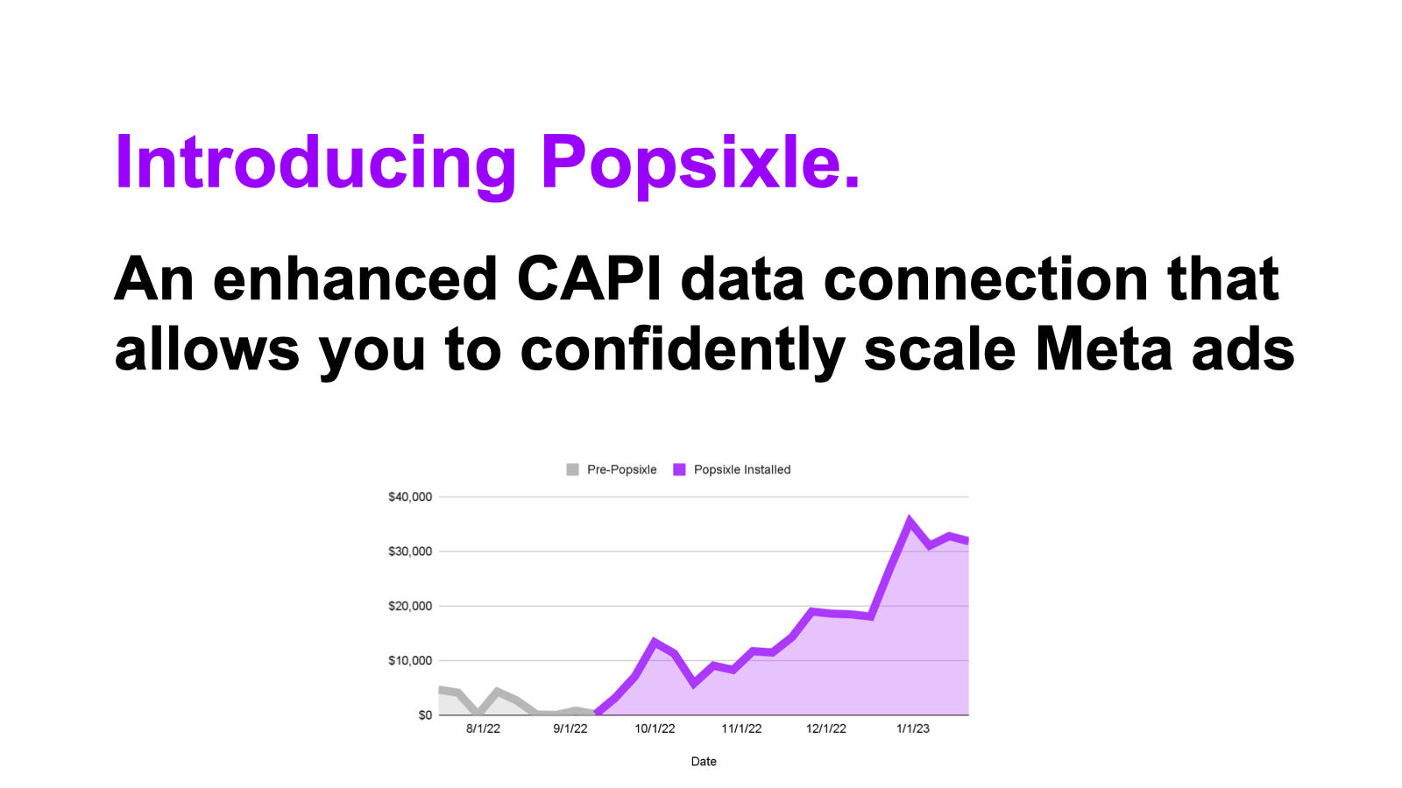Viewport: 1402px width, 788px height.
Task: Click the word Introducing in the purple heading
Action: (315, 164)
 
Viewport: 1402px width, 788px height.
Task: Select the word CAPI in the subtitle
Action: (589, 279)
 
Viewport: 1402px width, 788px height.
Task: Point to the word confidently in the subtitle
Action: (683, 350)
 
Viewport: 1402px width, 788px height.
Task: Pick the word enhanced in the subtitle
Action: (356, 279)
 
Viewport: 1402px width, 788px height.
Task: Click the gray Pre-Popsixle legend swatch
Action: (572, 469)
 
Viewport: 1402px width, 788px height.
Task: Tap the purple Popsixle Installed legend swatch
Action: (679, 469)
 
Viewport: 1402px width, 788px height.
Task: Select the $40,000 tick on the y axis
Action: (410, 497)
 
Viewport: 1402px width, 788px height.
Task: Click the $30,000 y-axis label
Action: (410, 552)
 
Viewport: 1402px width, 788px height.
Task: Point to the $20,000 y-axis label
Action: (410, 606)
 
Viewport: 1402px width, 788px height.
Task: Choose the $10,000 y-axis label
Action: (410, 661)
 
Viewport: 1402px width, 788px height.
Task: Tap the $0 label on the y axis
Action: (425, 715)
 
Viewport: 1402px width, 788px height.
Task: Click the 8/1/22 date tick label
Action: (483, 729)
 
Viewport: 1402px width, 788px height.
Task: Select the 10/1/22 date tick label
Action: (655, 729)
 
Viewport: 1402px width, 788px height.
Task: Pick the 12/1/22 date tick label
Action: (826, 729)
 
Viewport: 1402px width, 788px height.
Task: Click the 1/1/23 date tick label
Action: (913, 729)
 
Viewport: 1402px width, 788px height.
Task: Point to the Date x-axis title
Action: (704, 762)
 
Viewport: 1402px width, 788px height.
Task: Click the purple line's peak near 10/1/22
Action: (654, 641)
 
